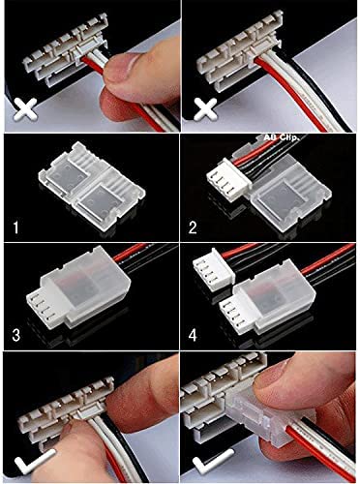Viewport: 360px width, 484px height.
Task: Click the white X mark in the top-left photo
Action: click(24, 110)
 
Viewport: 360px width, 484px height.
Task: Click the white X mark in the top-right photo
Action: click(205, 109)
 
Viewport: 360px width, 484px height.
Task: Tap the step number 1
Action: click(15, 227)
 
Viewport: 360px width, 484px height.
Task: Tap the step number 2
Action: click(193, 227)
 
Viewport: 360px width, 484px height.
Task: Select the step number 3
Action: click(16, 335)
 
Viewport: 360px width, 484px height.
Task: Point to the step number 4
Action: click(193, 335)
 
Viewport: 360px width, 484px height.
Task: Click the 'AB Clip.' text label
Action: click(282, 137)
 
